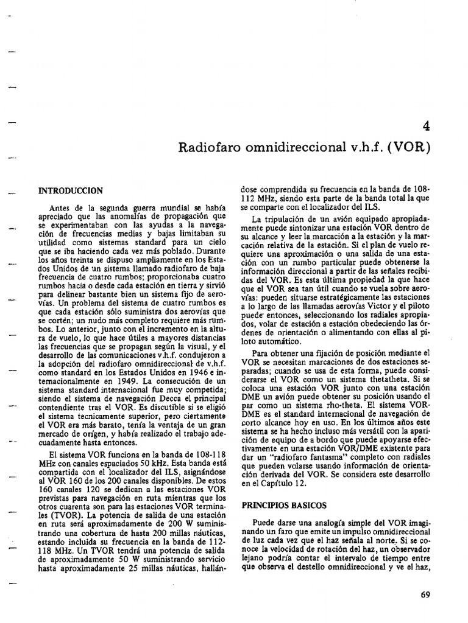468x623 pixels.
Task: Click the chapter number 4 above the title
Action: click(425, 127)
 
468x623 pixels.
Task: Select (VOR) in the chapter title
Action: click(409, 149)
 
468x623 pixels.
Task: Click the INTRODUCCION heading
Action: click(71, 190)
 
